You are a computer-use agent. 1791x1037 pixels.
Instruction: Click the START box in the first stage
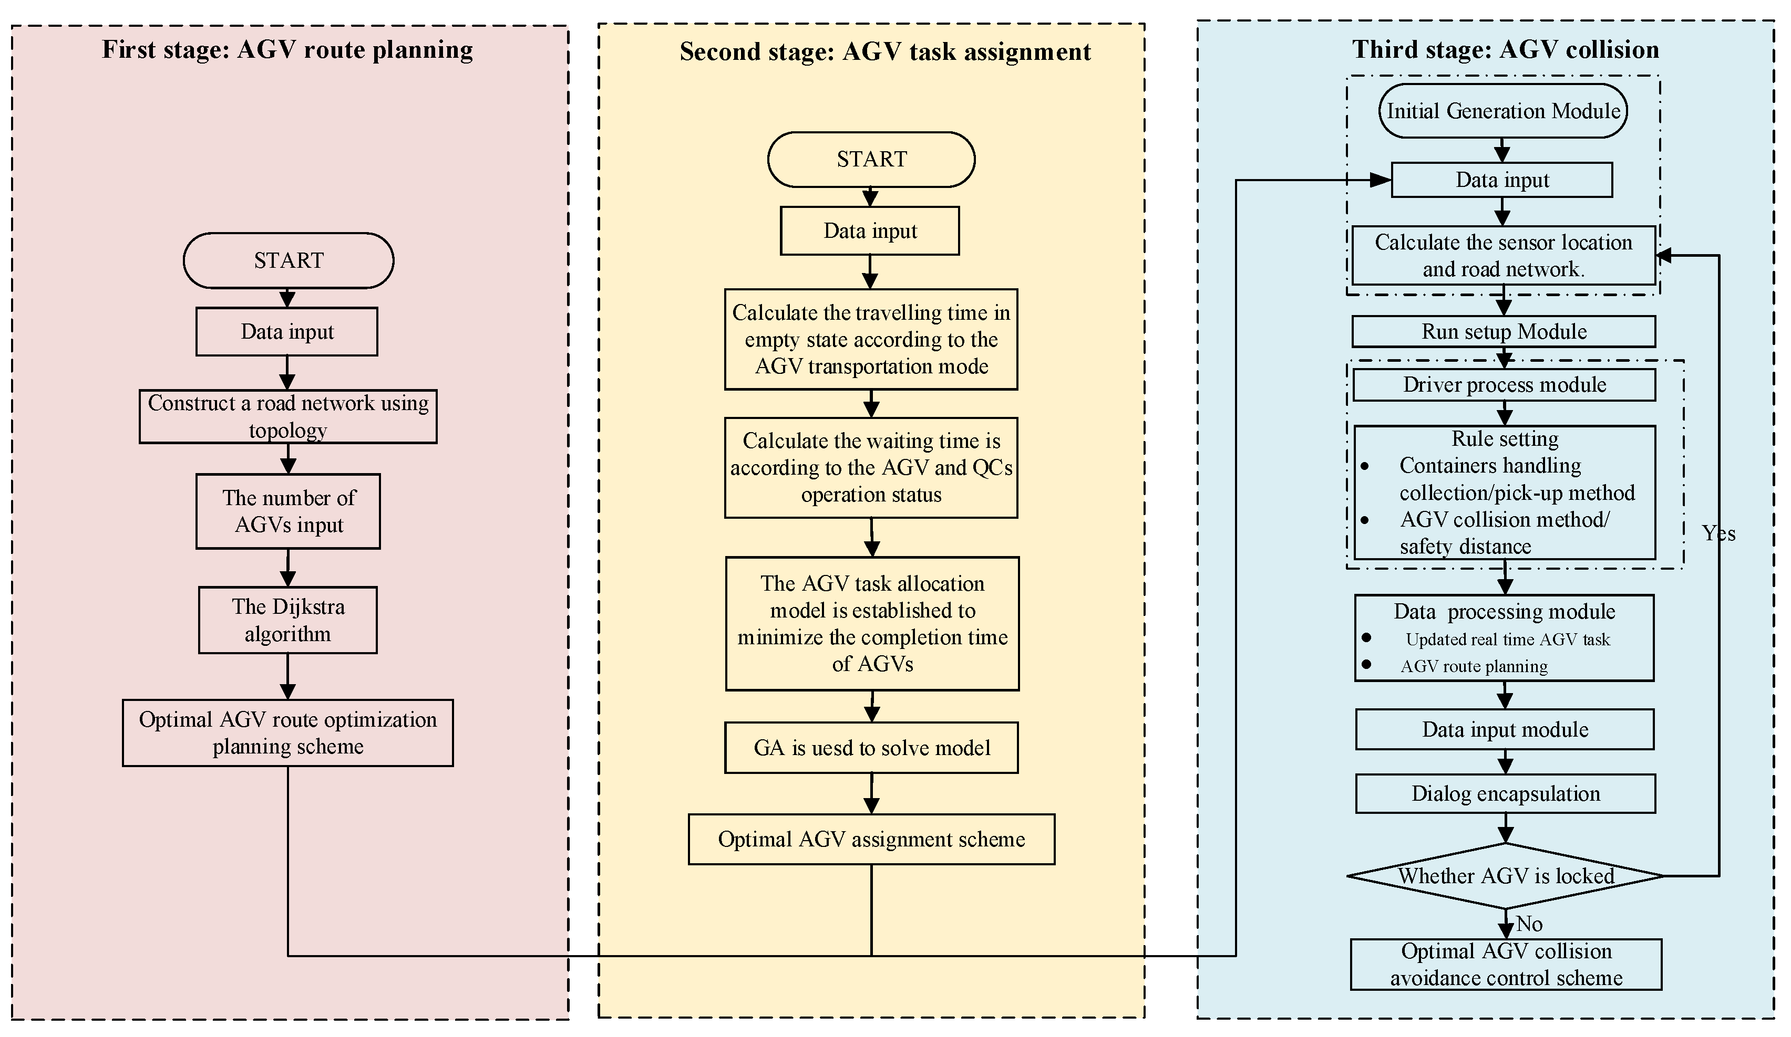(x=288, y=260)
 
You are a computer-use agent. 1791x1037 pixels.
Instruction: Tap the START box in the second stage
(x=871, y=159)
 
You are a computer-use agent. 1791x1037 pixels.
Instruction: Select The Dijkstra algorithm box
(x=288, y=620)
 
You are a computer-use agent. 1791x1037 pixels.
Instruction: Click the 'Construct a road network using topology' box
(x=288, y=416)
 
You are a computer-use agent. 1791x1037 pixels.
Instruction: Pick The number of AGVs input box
(x=288, y=511)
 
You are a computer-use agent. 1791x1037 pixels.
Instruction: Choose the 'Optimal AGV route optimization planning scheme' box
(x=288, y=732)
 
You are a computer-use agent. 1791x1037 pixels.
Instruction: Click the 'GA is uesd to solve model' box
(x=871, y=748)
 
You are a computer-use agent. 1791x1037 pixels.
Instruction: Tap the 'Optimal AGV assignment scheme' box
(x=871, y=840)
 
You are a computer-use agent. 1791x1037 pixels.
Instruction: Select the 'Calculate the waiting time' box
(x=871, y=467)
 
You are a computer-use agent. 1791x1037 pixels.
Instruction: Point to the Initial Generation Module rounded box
(x=1502, y=111)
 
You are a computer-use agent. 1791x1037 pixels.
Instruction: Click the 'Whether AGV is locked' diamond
(x=1505, y=876)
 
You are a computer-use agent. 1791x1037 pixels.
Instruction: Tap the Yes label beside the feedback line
(x=1718, y=533)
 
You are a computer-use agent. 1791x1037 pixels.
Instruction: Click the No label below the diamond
(x=1529, y=924)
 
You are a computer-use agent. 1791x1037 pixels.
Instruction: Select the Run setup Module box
(x=1503, y=332)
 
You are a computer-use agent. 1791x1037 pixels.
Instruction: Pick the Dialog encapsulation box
(x=1505, y=793)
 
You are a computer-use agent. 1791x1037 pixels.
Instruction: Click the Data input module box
(x=1505, y=729)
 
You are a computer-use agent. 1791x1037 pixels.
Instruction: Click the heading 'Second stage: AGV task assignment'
(x=885, y=52)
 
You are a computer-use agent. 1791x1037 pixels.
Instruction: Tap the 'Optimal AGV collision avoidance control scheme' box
(x=1505, y=965)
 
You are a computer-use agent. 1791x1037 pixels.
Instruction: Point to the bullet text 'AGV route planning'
(x=1474, y=666)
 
